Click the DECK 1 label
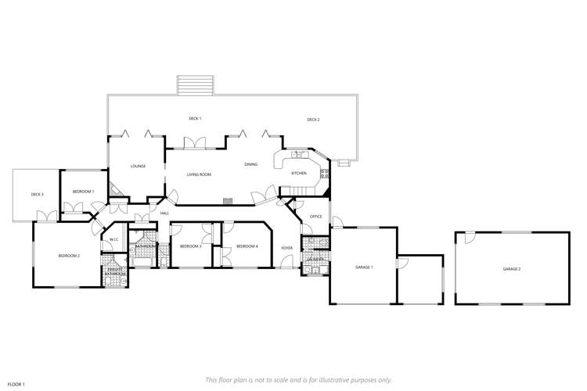coord(195,118)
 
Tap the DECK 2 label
coord(313,120)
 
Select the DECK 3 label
coord(37,194)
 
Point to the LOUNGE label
coord(139,166)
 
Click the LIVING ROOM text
coord(199,174)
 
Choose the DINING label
coord(250,164)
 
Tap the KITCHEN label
coord(299,173)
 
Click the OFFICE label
coord(316,217)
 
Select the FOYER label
coord(287,248)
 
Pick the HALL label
coord(164,213)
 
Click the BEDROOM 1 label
coord(83,192)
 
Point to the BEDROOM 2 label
coord(69,256)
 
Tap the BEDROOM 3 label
coord(190,246)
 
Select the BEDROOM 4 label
coord(247,246)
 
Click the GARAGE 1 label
coord(364,267)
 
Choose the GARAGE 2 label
coord(512,268)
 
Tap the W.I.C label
coord(113,239)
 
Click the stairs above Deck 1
coord(195,84)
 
